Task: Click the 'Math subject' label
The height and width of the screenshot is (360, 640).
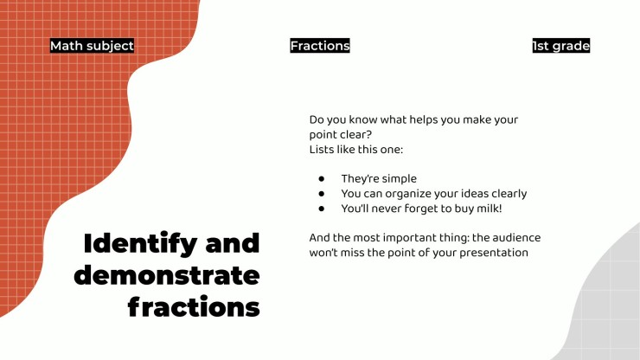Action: (92, 46)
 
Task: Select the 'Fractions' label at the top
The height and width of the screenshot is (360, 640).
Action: (320, 46)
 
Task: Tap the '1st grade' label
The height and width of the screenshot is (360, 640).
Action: (561, 46)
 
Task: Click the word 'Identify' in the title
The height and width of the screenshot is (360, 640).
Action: (140, 244)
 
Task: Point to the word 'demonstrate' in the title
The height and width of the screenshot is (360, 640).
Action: (167, 275)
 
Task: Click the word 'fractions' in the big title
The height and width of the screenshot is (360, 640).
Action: (194, 307)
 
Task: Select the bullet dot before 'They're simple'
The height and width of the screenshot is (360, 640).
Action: (322, 178)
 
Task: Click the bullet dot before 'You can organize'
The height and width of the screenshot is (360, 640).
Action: (322, 194)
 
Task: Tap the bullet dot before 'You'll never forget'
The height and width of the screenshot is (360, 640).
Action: (322, 209)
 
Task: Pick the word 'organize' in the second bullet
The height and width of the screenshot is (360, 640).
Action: (407, 194)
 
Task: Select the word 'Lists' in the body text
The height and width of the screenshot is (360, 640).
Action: (320, 150)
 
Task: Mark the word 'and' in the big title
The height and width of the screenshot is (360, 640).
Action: (233, 243)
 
